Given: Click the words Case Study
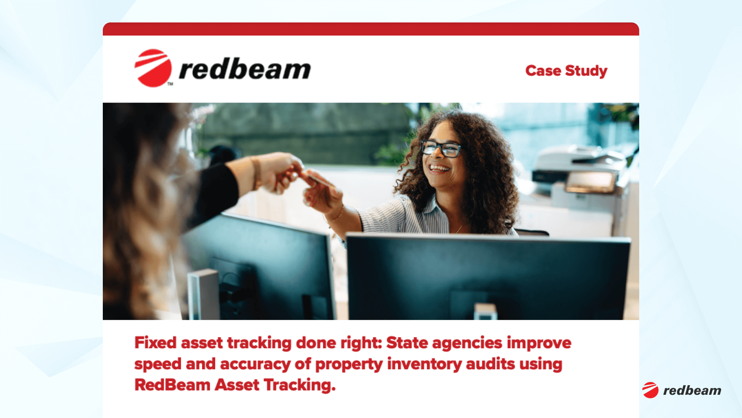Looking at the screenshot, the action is coord(566,71).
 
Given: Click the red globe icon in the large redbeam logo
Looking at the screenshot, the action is coord(153,68).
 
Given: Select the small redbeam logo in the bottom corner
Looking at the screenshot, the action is coord(682,390).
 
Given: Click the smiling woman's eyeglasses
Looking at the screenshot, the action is coord(441,148).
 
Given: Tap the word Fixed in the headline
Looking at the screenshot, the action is coord(155,343).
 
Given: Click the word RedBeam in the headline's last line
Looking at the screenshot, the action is coord(172,385).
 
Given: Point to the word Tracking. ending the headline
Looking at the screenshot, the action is coord(300,385).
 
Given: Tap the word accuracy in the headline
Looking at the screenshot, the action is coord(255,364).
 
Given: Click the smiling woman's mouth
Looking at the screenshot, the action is coord(439,168).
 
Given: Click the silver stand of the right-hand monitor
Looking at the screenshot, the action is coord(485,312).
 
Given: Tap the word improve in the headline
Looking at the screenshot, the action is coord(539,343).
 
